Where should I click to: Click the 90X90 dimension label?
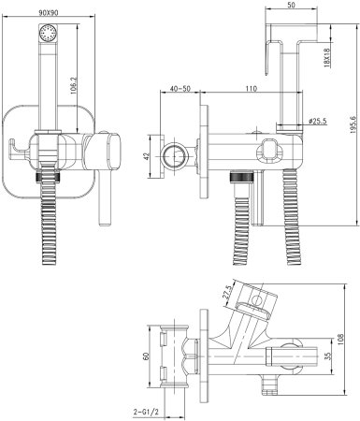click(x=49, y=12)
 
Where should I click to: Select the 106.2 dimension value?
click(x=73, y=86)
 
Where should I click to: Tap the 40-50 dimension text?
click(x=180, y=88)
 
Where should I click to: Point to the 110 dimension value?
click(x=252, y=88)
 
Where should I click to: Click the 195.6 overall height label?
click(x=353, y=124)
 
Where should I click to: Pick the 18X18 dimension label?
click(x=327, y=58)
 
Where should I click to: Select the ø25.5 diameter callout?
click(x=317, y=121)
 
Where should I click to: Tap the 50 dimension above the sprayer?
click(x=292, y=6)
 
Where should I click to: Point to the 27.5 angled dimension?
click(x=227, y=292)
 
